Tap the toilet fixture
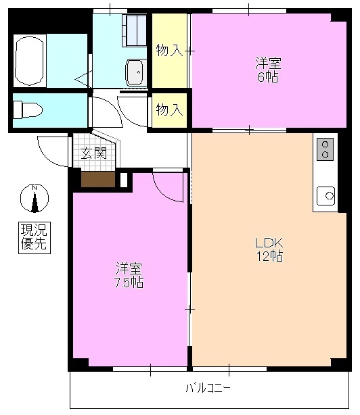point(28,109)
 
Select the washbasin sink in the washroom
point(135,70)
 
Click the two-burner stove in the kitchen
point(325,149)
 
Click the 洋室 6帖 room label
point(267,70)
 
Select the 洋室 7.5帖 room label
point(128,274)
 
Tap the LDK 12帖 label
point(268,249)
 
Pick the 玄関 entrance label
point(93,153)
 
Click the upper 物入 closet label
point(168,51)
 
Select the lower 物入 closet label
point(168,109)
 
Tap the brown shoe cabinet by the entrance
point(98,179)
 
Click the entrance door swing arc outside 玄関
point(53,150)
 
